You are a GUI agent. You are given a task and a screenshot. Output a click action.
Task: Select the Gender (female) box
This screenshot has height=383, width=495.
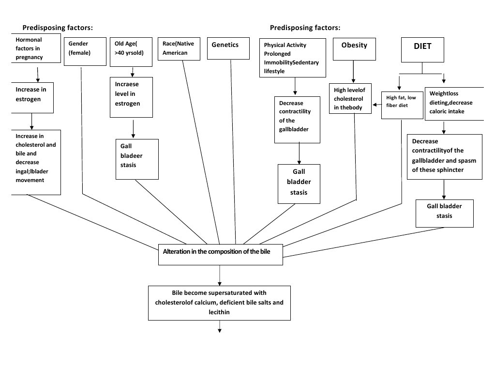(x=85, y=52)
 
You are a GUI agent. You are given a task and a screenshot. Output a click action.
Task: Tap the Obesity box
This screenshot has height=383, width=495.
(x=354, y=49)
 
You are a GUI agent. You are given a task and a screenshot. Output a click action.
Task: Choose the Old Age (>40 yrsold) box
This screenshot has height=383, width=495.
(x=131, y=52)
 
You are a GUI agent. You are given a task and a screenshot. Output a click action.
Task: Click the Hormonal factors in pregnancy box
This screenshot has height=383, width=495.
(x=36, y=49)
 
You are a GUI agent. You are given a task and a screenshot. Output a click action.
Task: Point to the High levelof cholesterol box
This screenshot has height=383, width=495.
(x=350, y=99)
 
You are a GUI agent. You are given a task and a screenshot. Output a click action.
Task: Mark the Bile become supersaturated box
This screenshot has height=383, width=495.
(x=219, y=303)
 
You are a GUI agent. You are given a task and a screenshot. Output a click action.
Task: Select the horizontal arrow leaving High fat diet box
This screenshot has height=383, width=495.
(x=376, y=104)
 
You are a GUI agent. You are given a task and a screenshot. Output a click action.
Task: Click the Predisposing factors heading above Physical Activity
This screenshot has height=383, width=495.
(x=305, y=28)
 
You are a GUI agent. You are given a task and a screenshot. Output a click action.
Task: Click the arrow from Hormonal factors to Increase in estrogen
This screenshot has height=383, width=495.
(x=38, y=74)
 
